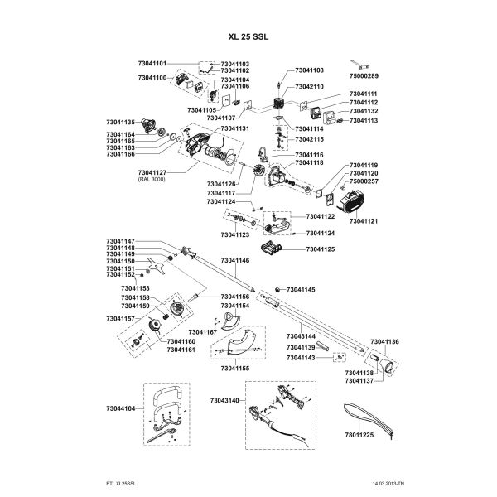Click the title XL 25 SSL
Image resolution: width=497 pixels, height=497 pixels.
coord(248,36)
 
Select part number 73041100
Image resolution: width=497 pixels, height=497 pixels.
coord(152,78)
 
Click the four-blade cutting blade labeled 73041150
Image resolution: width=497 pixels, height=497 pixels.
coord(157,266)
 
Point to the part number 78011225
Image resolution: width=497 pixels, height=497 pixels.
coord(359,435)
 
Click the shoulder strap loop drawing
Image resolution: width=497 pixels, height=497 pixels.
coord(368,418)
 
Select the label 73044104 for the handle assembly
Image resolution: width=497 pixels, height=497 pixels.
coord(121,408)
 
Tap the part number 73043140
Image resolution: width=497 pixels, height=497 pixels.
coord(224,401)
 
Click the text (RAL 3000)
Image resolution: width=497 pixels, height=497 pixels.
coord(152,179)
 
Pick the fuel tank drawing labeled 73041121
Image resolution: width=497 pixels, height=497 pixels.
coord(352,201)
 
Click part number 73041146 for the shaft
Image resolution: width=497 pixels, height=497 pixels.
coord(235,260)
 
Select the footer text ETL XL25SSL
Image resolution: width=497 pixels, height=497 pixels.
coord(121,484)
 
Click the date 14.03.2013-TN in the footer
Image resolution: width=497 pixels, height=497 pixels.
coord(388,484)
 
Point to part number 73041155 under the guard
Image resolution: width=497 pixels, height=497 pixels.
coord(235,369)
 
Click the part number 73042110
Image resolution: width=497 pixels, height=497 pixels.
coord(309,86)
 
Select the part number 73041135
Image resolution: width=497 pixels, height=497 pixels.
coord(121,122)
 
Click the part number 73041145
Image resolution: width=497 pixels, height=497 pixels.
coord(301,290)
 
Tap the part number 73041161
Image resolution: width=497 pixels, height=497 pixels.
coord(181,350)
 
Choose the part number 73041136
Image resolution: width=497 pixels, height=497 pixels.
coord(385,341)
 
